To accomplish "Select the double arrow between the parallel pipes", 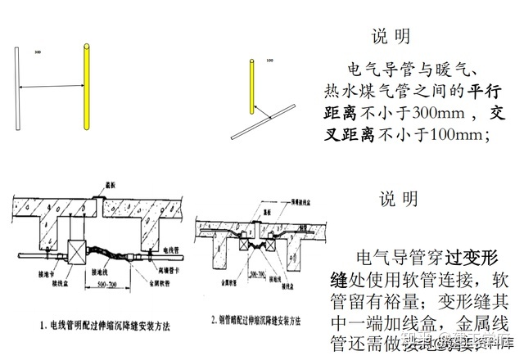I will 51,87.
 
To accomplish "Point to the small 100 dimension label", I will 270,61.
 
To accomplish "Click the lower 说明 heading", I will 399,199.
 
